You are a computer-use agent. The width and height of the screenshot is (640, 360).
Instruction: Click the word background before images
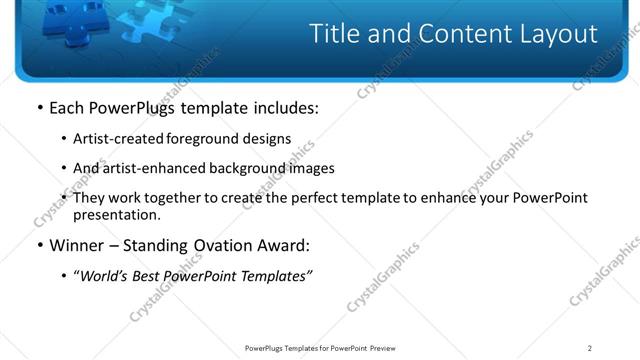240,168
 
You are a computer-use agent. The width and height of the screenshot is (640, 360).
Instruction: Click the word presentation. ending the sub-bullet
116,214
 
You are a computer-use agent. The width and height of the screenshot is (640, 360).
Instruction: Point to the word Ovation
214,245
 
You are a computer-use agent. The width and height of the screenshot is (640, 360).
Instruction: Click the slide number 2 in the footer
590,348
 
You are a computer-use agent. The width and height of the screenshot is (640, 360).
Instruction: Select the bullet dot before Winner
39,245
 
